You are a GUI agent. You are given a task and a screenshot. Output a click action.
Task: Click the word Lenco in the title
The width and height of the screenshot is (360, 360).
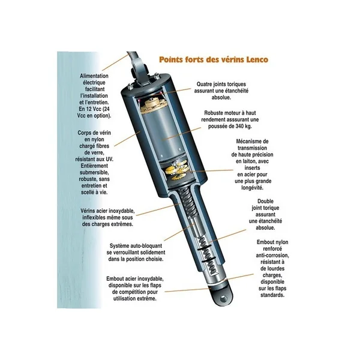coord(257,59)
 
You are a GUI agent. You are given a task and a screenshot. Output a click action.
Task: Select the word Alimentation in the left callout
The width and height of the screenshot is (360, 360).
coord(94,76)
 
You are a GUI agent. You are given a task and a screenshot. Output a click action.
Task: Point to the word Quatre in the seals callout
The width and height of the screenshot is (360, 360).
coord(205,84)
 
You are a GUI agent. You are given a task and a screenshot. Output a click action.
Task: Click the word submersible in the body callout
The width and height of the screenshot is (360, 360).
coord(94,172)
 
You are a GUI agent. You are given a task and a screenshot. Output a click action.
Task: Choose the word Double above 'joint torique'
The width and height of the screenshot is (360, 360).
coord(265,202)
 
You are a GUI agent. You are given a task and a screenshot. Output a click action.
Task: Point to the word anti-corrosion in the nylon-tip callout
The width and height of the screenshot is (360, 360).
coord(272,256)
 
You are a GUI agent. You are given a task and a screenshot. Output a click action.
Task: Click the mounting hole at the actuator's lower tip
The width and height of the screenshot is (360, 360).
coord(223,299)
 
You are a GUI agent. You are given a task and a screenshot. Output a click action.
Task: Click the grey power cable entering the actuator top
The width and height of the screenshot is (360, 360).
coord(135,57)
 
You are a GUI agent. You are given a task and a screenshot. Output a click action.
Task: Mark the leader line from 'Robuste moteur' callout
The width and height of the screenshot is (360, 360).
coord(182,133)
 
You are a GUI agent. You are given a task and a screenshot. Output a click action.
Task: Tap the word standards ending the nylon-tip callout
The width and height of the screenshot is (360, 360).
coord(272,295)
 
